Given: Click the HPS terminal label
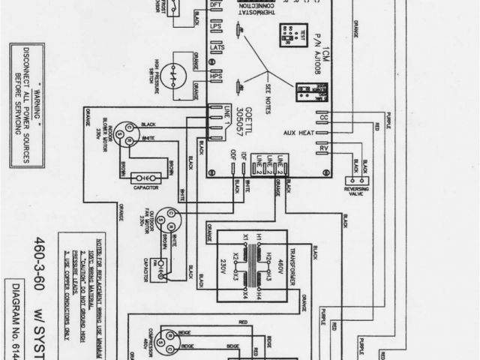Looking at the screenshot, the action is [x=216, y=78].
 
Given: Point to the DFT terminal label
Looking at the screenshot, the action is [x=216, y=6].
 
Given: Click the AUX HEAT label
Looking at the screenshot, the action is [x=298, y=133].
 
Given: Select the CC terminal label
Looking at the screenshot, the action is [x=325, y=118].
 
